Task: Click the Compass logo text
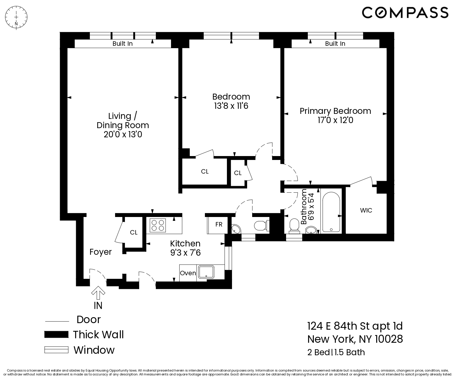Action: (x=405, y=12)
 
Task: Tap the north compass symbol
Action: (x=16, y=19)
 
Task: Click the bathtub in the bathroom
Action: (x=331, y=212)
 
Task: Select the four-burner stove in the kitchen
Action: (x=158, y=225)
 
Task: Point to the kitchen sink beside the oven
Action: (x=206, y=272)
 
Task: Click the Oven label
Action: (x=188, y=273)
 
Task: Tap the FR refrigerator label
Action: (x=219, y=224)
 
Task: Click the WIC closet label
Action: (x=366, y=210)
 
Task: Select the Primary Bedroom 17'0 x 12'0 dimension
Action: (x=335, y=120)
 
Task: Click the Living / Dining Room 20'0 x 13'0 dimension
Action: (x=123, y=135)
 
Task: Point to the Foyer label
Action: (x=101, y=252)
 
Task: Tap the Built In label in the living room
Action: (x=123, y=44)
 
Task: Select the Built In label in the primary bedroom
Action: (x=335, y=44)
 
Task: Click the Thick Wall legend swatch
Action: (x=56, y=334)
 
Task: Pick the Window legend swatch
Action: (x=56, y=350)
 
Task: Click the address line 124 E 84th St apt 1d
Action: (x=355, y=326)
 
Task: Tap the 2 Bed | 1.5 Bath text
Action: (x=336, y=352)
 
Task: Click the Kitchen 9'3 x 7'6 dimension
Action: (x=185, y=253)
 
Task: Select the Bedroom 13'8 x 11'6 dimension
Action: (x=231, y=106)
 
